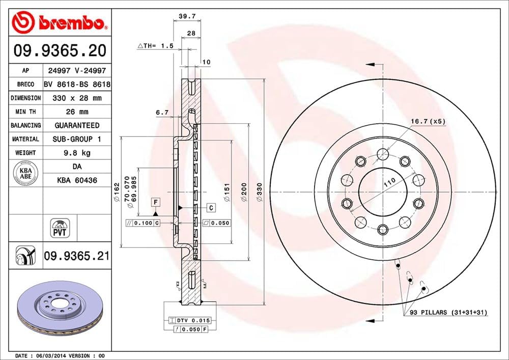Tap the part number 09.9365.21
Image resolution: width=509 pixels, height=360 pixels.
(76, 256)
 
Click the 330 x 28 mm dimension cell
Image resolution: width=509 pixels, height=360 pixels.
(76, 98)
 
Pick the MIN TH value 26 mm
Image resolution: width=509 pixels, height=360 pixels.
(76, 112)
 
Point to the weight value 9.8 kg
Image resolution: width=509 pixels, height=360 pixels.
(76, 152)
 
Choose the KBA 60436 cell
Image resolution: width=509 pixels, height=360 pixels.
(76, 180)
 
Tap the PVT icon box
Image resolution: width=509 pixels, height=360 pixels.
(60, 228)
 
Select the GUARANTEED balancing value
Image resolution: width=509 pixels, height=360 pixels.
(76, 125)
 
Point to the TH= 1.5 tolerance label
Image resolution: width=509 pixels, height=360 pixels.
(156, 46)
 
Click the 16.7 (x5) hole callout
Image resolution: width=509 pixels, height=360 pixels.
(428, 122)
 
